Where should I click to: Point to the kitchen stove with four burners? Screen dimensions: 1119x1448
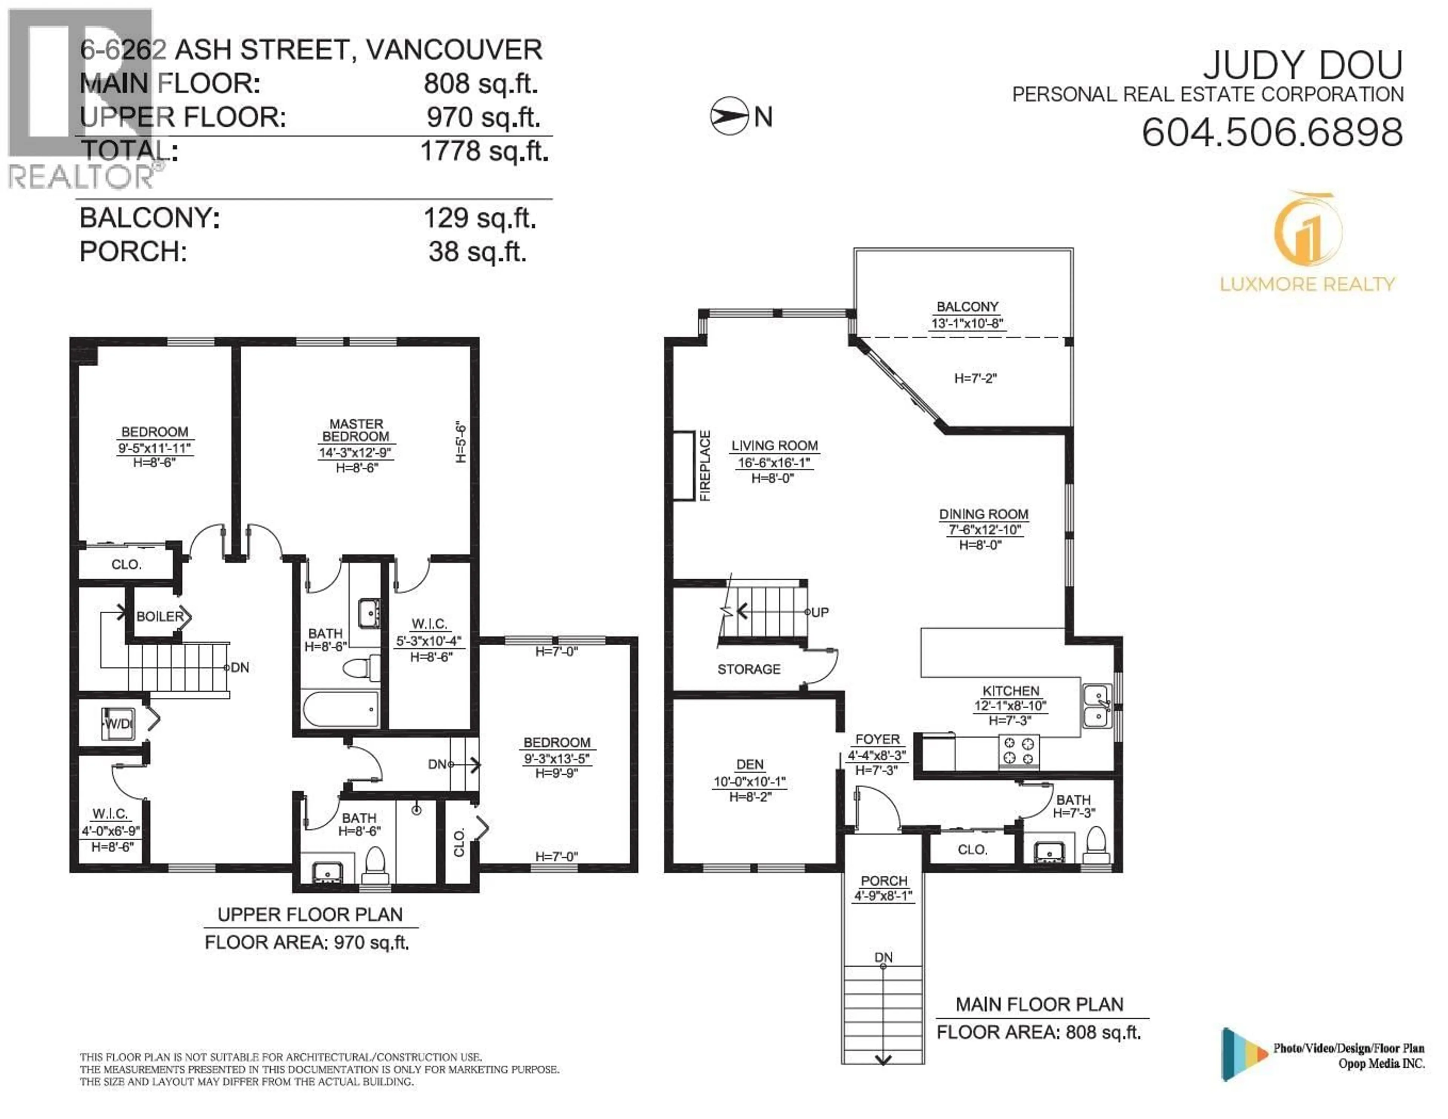coord(1019,752)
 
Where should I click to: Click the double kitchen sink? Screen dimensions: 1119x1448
coord(1097,707)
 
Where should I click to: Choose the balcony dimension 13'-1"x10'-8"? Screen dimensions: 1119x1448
coord(967,324)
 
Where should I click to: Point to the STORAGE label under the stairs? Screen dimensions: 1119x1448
coord(749,669)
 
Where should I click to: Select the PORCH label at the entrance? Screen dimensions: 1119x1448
coord(883,880)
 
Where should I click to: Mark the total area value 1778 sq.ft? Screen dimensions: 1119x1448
coord(484,151)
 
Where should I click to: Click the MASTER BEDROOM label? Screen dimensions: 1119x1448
coord(356,430)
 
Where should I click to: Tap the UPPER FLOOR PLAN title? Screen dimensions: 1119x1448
coord(310,915)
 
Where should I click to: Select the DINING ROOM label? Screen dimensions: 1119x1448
coord(983,514)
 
